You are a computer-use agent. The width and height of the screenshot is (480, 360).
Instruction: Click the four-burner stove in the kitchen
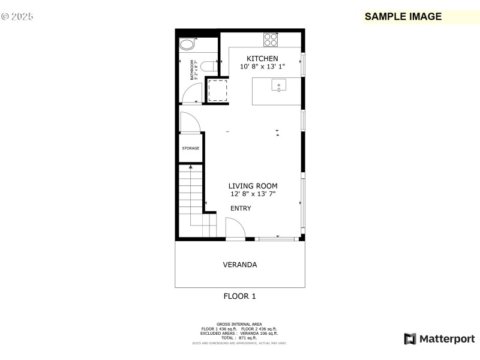271,40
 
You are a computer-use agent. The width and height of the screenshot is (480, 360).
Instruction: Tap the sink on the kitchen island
279,86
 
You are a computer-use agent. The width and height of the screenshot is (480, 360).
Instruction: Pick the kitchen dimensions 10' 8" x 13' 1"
262,67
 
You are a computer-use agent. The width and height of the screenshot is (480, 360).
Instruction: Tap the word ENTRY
241,208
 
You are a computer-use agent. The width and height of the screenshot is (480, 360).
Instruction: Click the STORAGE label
190,148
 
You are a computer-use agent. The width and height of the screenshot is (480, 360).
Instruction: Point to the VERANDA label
239,264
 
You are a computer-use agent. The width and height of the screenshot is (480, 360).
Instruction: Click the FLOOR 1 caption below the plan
239,296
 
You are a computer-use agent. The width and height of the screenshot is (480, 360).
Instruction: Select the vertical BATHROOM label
193,70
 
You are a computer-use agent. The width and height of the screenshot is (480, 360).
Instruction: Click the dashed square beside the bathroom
216,91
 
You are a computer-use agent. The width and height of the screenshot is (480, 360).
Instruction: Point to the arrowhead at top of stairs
191,167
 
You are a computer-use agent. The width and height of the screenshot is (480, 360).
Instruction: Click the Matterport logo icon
410,339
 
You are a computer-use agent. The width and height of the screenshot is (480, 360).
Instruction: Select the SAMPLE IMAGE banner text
403,17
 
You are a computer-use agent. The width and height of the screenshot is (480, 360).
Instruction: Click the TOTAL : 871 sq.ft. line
239,338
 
